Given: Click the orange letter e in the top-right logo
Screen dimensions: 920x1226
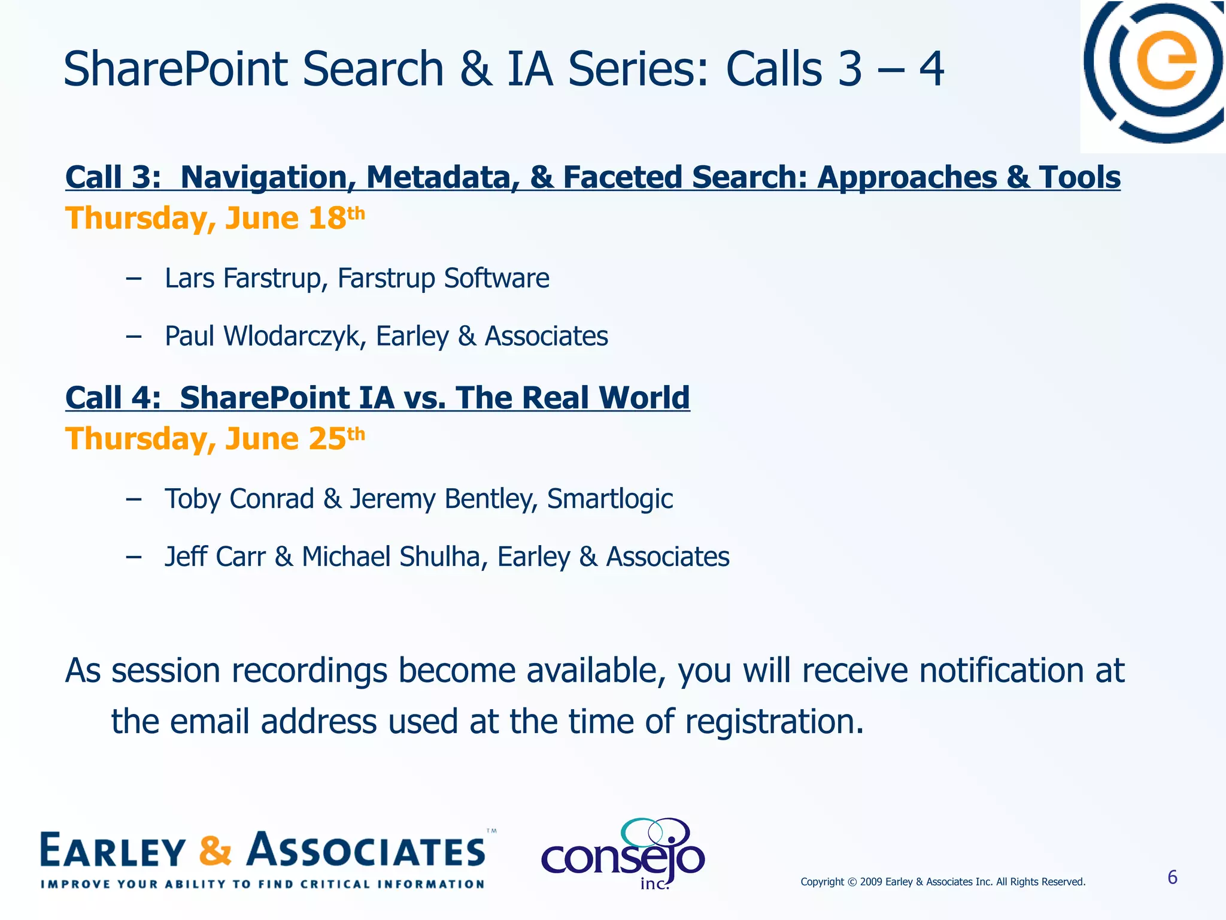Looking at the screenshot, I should (1166, 60).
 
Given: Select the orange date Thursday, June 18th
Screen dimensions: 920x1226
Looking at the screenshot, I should (214, 218).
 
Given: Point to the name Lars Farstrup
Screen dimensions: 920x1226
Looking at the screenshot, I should (242, 279).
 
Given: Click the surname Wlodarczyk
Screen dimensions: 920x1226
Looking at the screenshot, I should (294, 336).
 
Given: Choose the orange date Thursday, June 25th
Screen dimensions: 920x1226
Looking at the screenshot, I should (214, 439).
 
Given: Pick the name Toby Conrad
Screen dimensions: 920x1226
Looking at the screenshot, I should (239, 499).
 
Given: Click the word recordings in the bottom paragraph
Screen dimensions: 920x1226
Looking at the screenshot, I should (309, 670).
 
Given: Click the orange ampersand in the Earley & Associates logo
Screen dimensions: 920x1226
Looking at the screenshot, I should (215, 851).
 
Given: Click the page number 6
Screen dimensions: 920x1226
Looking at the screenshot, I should (1172, 877).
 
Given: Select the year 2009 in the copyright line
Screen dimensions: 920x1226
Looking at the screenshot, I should (871, 882).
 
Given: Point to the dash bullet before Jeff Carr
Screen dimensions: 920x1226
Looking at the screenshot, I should (133, 556).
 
